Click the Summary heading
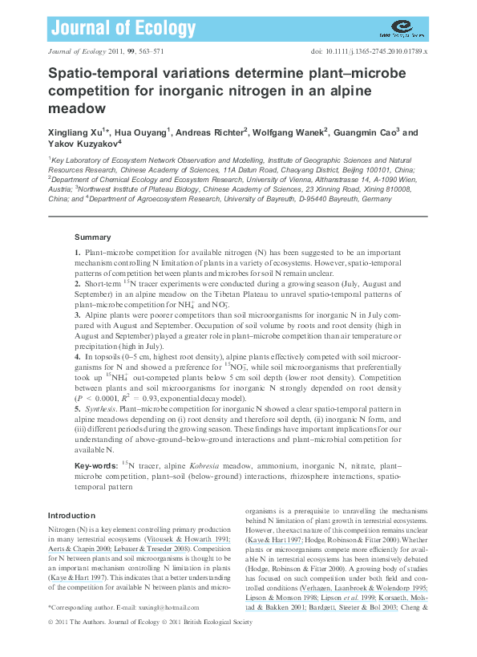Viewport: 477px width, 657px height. click(92, 237)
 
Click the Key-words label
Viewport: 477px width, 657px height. click(95, 465)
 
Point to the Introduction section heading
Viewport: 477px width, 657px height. click(71, 515)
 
